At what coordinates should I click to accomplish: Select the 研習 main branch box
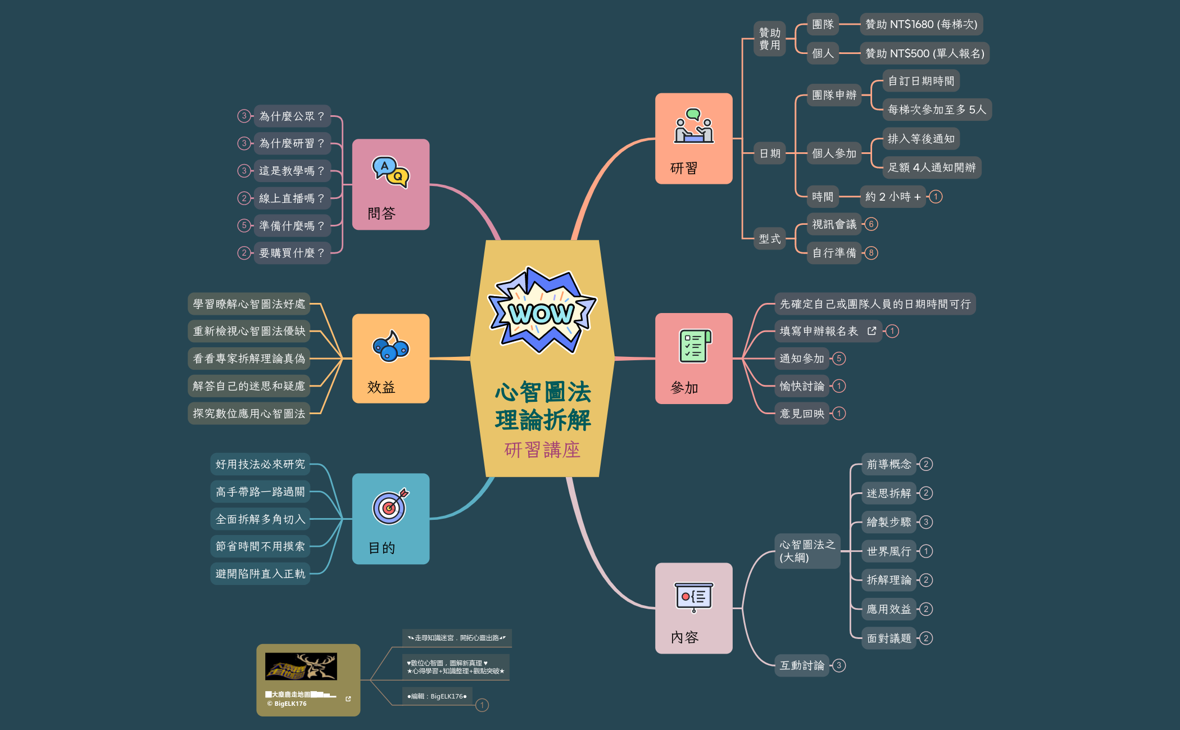pos(693,138)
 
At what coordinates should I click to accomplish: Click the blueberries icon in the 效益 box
pos(391,346)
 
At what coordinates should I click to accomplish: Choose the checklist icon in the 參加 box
pos(695,346)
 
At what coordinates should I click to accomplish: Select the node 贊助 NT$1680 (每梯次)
pos(921,24)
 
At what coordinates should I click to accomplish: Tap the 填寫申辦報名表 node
pos(819,331)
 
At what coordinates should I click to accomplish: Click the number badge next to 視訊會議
pos(871,224)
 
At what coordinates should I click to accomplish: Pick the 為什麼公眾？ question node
pos(292,116)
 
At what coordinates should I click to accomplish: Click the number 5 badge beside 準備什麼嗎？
pos(244,225)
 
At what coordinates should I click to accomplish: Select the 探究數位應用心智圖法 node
pos(249,414)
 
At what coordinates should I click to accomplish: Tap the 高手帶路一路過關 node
pos(260,492)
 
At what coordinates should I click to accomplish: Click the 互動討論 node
pos(802,665)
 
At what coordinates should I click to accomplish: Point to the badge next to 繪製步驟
pos(926,522)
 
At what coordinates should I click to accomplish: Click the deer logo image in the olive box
pos(301,666)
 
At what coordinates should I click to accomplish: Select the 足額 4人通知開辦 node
pos(932,167)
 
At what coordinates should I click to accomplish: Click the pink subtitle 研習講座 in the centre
pos(542,450)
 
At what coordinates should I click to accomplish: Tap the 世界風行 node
pos(888,551)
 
